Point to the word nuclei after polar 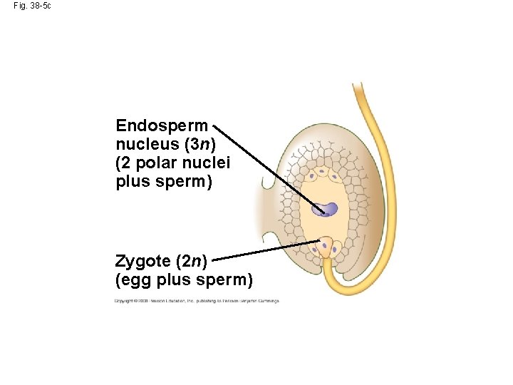click(207, 163)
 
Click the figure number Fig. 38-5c click(32, 6)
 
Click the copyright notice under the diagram click(197, 301)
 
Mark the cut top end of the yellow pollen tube click(358, 86)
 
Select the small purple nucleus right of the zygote click(335, 250)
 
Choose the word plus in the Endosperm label click(131, 182)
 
